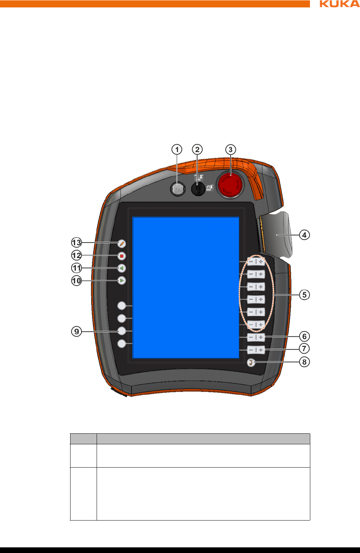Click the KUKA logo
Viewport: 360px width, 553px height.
click(x=339, y=4)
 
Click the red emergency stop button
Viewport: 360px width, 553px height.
click(x=230, y=184)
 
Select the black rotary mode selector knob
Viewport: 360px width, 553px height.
click(x=198, y=189)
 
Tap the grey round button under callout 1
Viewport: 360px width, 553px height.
click(x=177, y=190)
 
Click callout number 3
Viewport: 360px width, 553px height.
click(x=231, y=150)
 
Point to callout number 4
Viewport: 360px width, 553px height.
click(x=304, y=235)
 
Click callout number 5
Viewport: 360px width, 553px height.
click(x=304, y=295)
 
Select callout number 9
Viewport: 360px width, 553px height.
click(x=77, y=331)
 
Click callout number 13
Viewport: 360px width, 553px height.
click(x=77, y=243)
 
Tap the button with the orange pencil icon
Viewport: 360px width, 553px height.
click(x=122, y=244)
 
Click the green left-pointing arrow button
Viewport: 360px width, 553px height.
click(x=122, y=268)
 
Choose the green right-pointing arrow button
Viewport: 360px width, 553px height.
click(x=122, y=281)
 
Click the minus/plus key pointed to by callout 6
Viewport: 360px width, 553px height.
click(x=256, y=337)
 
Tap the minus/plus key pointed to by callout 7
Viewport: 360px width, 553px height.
click(x=256, y=350)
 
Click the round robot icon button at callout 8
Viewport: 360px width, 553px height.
click(x=251, y=362)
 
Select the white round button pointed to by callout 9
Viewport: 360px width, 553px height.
click(x=122, y=331)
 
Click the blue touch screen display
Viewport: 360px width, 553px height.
click(x=186, y=288)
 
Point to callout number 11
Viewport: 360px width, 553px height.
click(x=77, y=268)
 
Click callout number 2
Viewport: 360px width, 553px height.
click(x=197, y=150)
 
